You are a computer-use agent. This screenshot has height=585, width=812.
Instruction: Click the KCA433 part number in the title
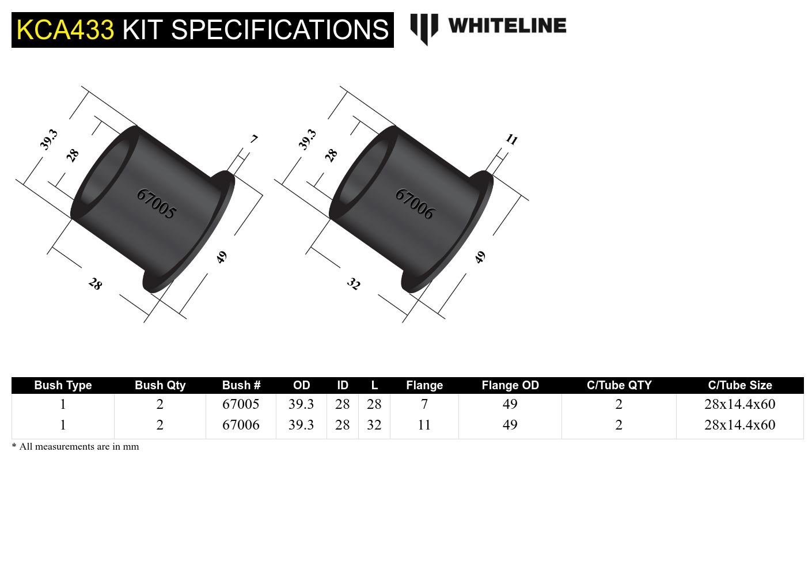click(65, 29)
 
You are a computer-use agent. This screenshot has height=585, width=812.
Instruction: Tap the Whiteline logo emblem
click(424, 29)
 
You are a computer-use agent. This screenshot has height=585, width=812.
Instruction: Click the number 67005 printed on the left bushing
click(156, 204)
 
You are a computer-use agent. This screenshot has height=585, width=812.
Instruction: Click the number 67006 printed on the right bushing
click(414, 204)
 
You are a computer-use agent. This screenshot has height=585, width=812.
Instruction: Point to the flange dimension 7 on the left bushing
click(254, 139)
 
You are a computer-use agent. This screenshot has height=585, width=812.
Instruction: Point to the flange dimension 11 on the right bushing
click(511, 139)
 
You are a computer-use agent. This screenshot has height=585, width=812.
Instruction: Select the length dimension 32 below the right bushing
click(353, 284)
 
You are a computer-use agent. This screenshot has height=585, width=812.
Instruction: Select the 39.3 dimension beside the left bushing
click(49, 139)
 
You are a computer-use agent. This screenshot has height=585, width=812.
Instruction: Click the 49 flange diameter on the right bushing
click(480, 257)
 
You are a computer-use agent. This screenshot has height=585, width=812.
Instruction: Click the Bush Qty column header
click(160, 385)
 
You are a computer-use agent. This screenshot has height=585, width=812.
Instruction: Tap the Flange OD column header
click(510, 385)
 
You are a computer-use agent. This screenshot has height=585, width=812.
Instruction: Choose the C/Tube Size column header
click(739, 385)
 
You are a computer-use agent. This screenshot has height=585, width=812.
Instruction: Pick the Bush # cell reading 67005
click(241, 404)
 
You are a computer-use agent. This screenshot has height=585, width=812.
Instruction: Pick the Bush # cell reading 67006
click(241, 425)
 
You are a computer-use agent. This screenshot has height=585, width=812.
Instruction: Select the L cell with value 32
click(374, 425)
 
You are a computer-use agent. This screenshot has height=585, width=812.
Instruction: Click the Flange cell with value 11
click(424, 425)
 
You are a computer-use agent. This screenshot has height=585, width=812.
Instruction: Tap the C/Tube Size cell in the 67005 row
click(739, 404)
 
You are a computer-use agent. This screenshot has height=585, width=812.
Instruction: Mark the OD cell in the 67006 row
click(301, 425)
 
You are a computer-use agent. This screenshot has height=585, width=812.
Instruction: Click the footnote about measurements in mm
click(75, 447)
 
